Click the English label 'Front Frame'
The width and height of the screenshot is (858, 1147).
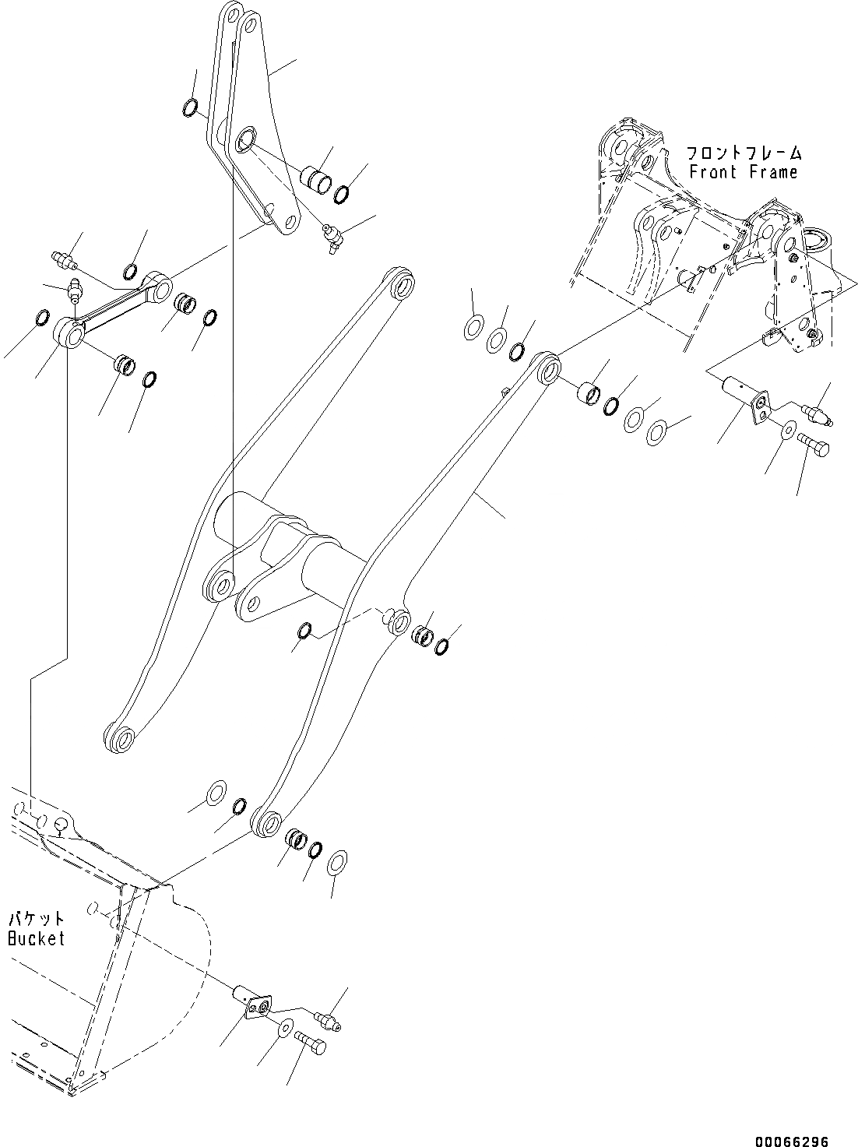(x=743, y=171)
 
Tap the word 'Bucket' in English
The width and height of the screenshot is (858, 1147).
(x=37, y=938)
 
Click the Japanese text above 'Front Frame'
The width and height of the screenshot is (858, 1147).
(x=744, y=153)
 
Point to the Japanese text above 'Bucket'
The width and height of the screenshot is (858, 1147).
(x=36, y=920)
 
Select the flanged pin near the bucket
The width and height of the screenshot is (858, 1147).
(x=253, y=1004)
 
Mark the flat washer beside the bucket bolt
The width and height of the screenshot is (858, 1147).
(x=286, y=1029)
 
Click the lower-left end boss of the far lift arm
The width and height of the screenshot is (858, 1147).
(x=118, y=738)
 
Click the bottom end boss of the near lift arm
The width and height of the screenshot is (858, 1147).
(x=266, y=823)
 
